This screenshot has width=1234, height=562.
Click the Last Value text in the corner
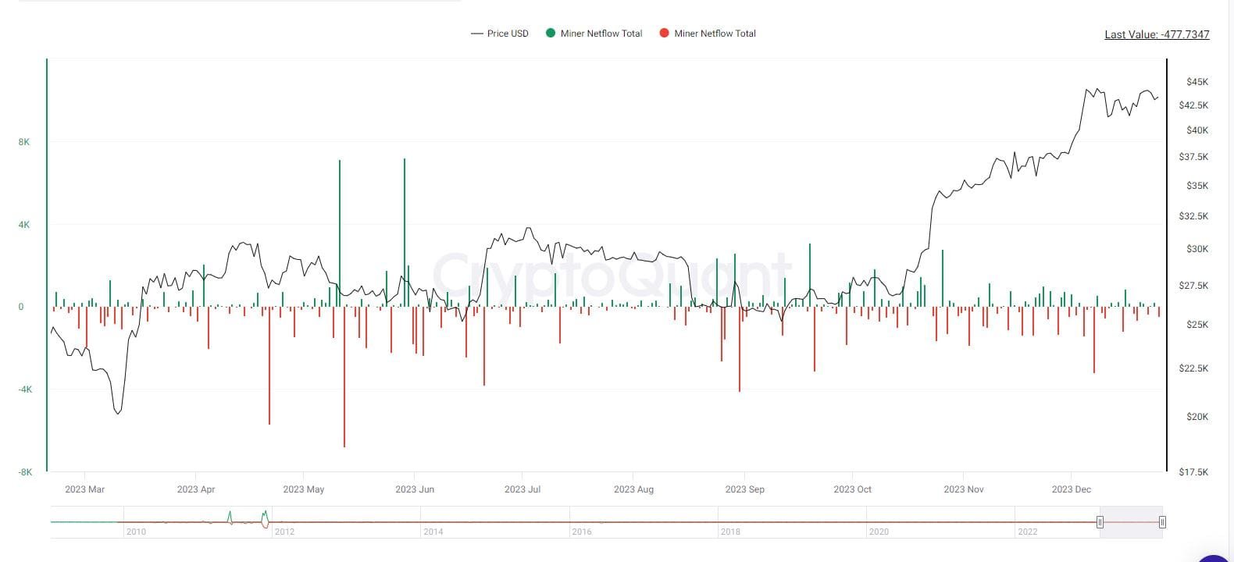[1156, 34]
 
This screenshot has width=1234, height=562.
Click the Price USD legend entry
[500, 34]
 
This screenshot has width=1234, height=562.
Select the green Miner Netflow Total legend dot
[551, 33]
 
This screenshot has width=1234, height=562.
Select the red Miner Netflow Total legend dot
[665, 33]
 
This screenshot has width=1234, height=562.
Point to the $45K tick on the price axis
[1197, 82]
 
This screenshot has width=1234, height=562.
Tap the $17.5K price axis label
[1193, 472]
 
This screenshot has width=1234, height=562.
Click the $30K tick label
[1197, 249]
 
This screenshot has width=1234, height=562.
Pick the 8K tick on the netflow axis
[24, 142]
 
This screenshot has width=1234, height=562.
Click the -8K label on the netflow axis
[25, 472]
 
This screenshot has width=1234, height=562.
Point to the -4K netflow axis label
[25, 389]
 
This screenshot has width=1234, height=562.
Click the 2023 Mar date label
[84, 489]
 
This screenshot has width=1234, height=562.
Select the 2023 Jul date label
[522, 489]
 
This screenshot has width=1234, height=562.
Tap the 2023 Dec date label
[1071, 489]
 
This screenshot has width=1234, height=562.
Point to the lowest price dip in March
[117, 413]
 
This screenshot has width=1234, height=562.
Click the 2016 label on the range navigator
[581, 532]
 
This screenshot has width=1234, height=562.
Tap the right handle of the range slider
[1162, 522]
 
